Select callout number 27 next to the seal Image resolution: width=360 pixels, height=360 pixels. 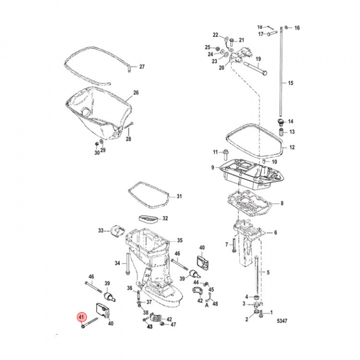pos(141,67)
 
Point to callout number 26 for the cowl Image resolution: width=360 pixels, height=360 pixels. pos(135,93)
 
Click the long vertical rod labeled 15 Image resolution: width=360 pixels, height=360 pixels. pos(283,75)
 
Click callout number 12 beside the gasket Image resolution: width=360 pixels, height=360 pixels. pos(292,147)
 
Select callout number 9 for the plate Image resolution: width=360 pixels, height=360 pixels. pos(212,167)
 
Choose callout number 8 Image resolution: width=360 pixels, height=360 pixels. pos(282,203)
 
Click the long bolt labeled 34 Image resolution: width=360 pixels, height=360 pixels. pos(128,264)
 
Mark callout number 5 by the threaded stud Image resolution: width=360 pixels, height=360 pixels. pos(267,272)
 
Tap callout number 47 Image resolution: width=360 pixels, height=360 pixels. pos(173,324)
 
